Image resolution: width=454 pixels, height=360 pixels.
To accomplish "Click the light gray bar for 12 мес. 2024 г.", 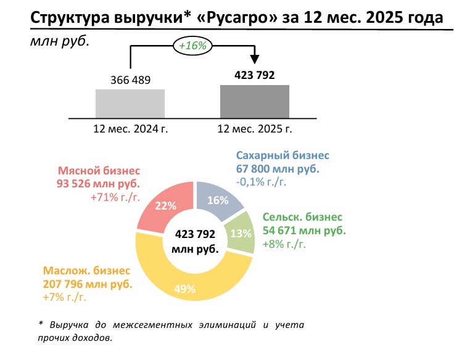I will tap(130, 103).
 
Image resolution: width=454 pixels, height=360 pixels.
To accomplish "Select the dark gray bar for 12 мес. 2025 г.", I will tap(255, 101).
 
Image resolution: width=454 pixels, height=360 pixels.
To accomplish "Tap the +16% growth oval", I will tap(192, 46).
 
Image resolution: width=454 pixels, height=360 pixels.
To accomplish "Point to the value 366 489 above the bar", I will tap(131, 80).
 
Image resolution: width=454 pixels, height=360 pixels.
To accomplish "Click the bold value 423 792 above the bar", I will tap(255, 75).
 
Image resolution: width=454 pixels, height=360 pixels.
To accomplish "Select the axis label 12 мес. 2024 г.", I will tap(131, 129).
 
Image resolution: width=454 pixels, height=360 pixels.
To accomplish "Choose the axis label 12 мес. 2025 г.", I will tap(255, 129).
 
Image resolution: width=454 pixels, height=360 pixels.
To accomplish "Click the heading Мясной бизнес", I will tap(99, 171).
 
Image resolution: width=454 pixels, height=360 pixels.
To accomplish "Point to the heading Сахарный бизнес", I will tap(283, 156).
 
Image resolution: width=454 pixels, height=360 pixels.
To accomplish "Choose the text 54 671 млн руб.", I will tap(304, 231).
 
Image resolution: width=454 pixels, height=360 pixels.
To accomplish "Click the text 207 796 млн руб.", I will tap(87, 285).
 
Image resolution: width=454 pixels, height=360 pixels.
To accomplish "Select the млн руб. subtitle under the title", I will tap(56, 43).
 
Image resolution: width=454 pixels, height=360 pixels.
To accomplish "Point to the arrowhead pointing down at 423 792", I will tap(255, 60).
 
